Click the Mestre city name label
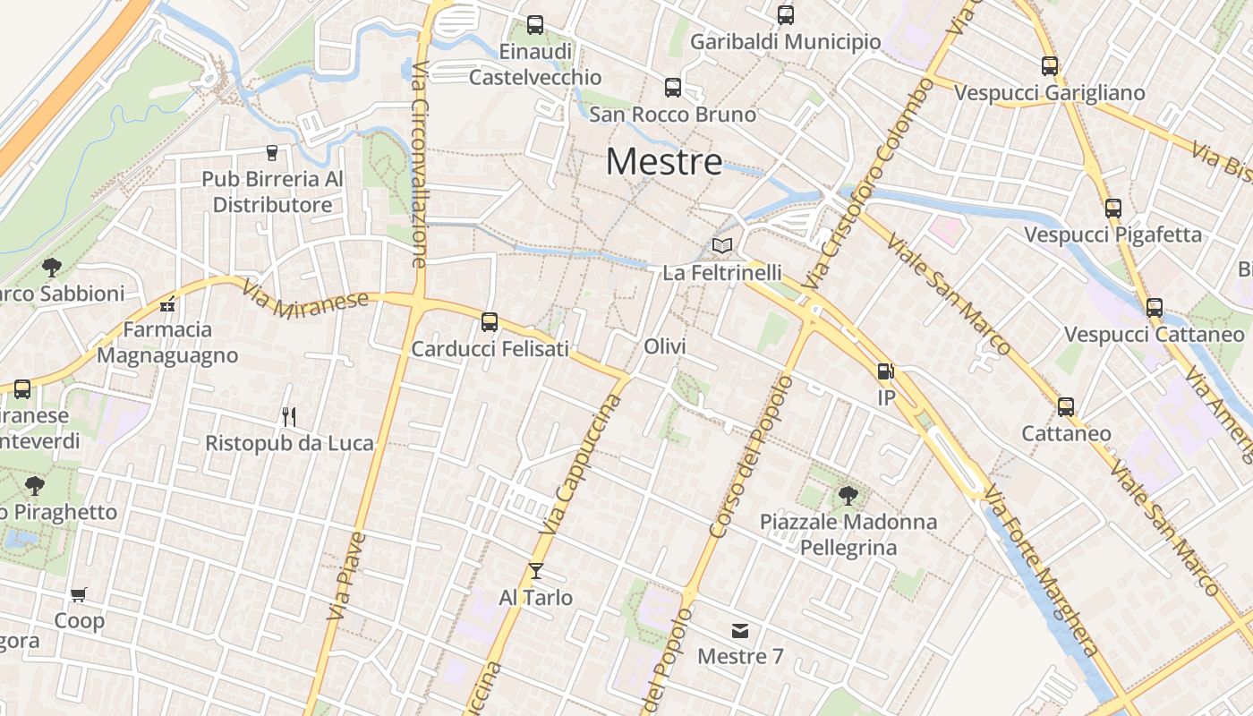(x=664, y=162)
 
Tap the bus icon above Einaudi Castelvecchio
(x=535, y=25)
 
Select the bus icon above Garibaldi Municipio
(x=786, y=15)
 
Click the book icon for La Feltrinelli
(x=722, y=245)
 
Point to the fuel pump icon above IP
(x=885, y=371)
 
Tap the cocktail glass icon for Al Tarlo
(x=536, y=570)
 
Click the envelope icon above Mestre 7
(x=740, y=630)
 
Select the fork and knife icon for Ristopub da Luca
(x=289, y=416)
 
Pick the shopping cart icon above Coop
(x=79, y=594)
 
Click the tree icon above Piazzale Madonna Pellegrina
(x=848, y=494)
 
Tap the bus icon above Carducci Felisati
(x=490, y=322)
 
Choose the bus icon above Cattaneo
(x=1066, y=407)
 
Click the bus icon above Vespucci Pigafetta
(x=1113, y=209)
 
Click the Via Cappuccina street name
(x=588, y=459)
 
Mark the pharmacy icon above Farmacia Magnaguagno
(x=167, y=304)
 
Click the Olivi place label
(x=665, y=346)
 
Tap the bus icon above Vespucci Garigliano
(x=1050, y=66)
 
